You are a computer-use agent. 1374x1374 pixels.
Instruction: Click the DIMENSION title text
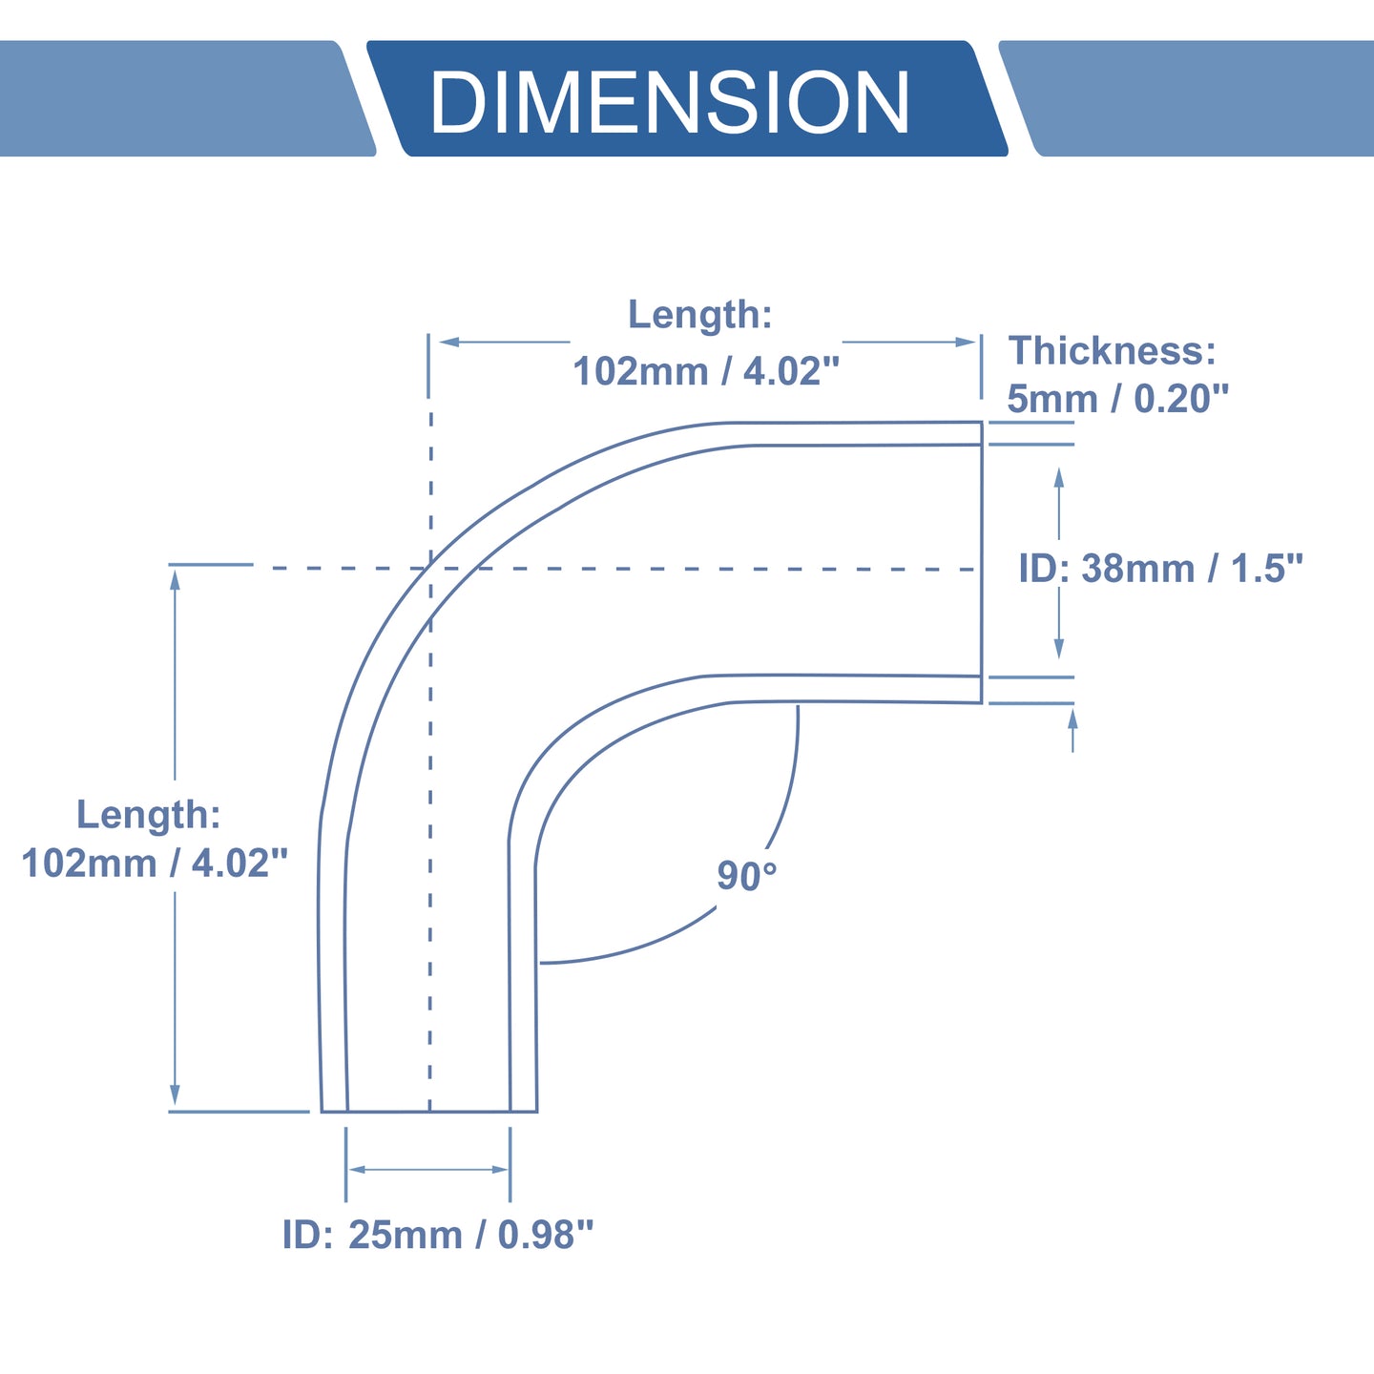tap(670, 101)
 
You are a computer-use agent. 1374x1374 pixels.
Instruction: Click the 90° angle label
tap(746, 876)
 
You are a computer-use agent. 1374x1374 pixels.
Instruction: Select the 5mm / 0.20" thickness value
tap(1117, 399)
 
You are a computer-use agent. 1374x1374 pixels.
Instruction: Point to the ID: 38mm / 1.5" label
tap(1161, 569)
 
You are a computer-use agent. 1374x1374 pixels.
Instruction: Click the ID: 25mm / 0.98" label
tap(438, 1235)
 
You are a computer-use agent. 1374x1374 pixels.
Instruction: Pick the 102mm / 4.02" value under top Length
tap(706, 371)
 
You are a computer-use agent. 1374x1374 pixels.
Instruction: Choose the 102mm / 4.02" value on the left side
tap(155, 864)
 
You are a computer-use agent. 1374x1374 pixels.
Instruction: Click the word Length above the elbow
tap(699, 315)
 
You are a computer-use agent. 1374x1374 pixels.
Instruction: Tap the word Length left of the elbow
tap(148, 814)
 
